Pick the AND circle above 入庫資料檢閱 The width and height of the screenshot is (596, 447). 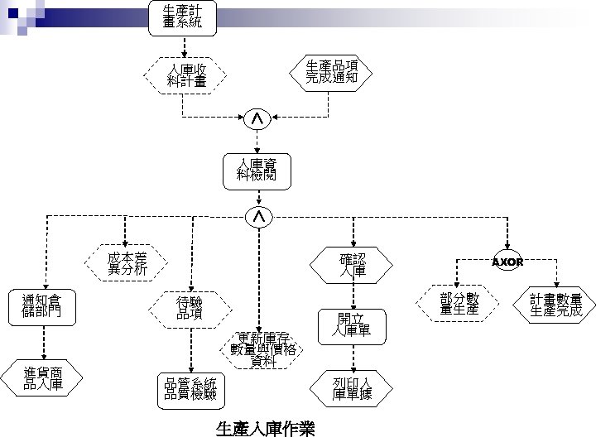point(258,121)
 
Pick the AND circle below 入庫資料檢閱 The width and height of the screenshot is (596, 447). point(258,216)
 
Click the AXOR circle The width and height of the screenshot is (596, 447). point(507,262)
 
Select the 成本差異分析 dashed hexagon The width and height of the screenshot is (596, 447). point(127,263)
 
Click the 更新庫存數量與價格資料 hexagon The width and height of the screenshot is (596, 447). point(262,350)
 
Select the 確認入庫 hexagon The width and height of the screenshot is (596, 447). point(353,265)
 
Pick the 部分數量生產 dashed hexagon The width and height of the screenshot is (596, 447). point(459,304)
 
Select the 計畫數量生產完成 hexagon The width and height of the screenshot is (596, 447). point(556,305)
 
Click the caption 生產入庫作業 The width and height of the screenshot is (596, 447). point(264,430)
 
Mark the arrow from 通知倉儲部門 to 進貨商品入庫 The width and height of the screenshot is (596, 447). point(46,342)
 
